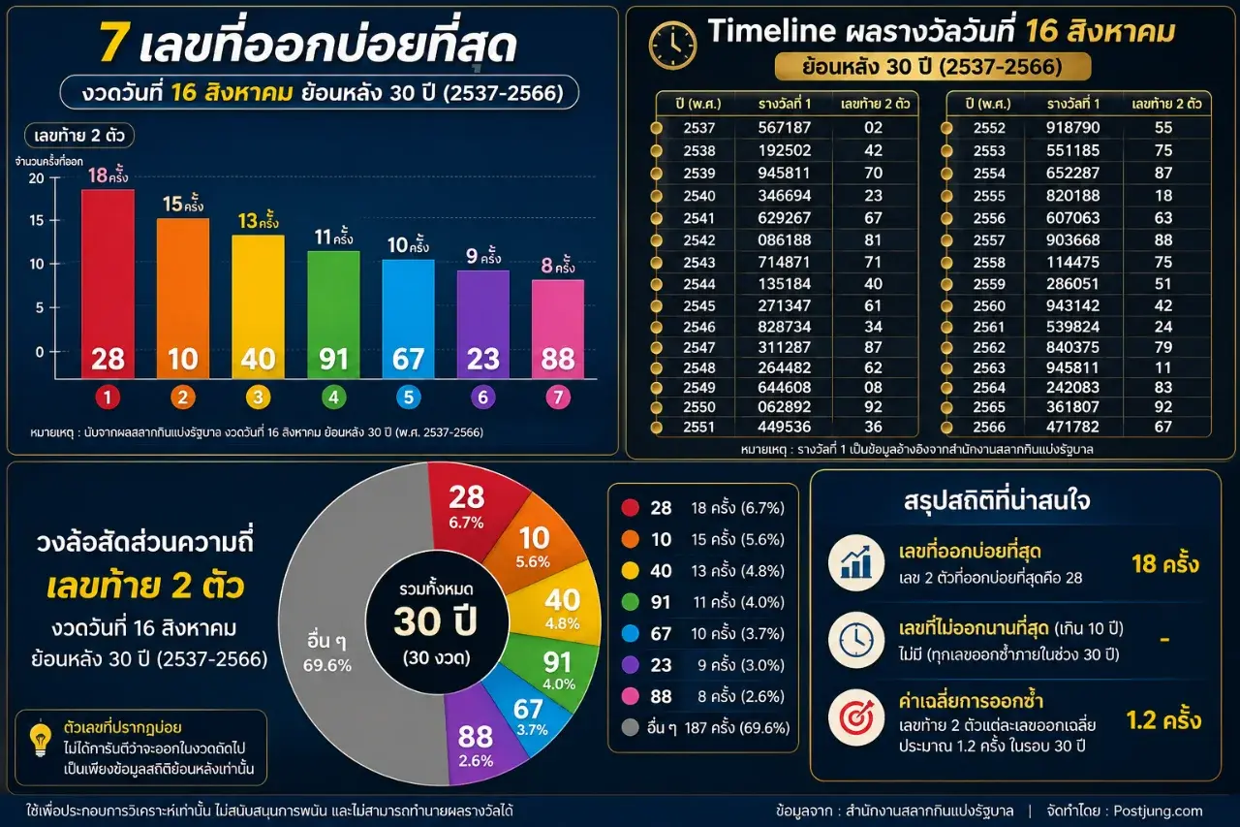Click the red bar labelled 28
(x=108, y=284)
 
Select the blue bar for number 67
(x=409, y=319)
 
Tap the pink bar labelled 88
(x=558, y=329)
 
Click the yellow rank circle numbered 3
(x=258, y=398)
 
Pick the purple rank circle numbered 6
(x=482, y=398)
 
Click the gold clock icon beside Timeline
(x=672, y=46)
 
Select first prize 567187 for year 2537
(x=785, y=128)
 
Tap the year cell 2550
(x=699, y=407)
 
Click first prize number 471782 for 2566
(x=1072, y=427)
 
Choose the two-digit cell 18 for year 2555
(x=1163, y=196)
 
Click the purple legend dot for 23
(x=630, y=665)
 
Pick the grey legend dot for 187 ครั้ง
(x=630, y=727)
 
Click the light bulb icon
(x=41, y=739)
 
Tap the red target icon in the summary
(x=856, y=718)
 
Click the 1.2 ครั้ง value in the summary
(x=1163, y=720)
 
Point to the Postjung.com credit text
(x=1158, y=811)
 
